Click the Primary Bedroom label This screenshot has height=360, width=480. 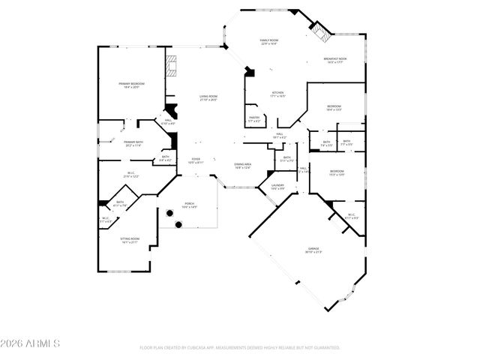[x=131, y=85]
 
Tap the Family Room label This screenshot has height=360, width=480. [x=268, y=42]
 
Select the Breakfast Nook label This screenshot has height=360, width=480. [x=335, y=60]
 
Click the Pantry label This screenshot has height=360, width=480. [x=254, y=118]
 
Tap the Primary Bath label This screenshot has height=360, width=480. [x=134, y=143]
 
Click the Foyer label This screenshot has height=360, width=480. [x=196, y=160]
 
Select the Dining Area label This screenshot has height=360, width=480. [x=242, y=166]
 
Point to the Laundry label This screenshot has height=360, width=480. [x=277, y=186]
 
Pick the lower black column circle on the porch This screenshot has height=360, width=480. [x=179, y=224]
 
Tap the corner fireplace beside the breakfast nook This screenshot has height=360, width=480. [x=321, y=33]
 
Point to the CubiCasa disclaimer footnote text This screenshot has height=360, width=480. [x=240, y=348]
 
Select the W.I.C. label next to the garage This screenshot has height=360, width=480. [x=350, y=216]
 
